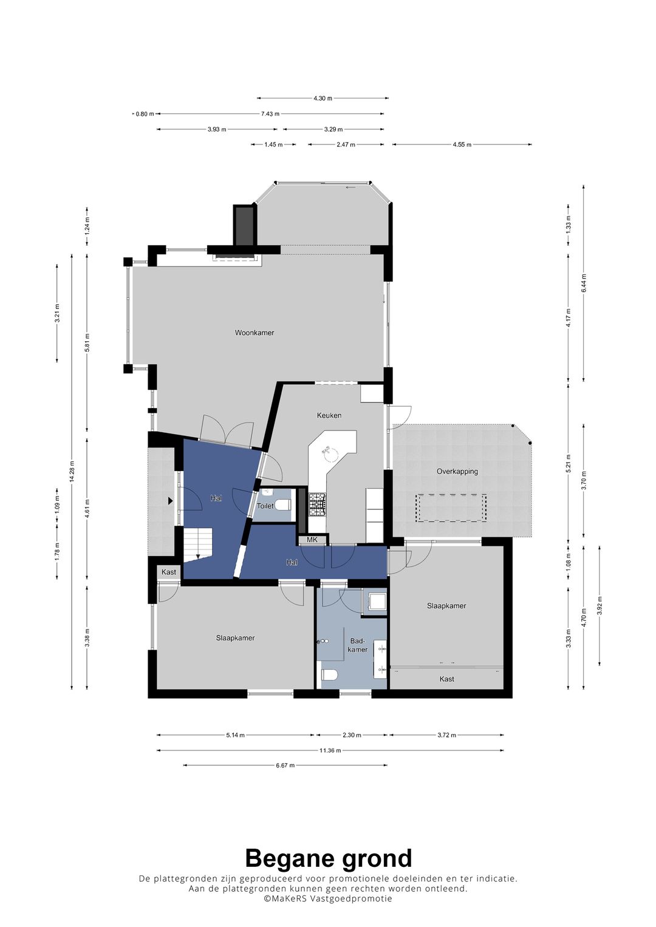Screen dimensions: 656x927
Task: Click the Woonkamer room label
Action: tap(255, 333)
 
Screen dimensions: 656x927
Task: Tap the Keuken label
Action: tap(329, 415)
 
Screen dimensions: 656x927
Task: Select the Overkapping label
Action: tap(457, 471)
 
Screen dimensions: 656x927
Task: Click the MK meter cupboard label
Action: tap(312, 540)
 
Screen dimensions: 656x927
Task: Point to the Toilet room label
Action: tap(265, 506)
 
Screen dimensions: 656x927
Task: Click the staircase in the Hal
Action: tap(198, 545)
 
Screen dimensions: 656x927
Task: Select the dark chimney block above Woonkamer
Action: tap(244, 226)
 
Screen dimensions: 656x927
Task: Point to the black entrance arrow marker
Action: tap(170, 501)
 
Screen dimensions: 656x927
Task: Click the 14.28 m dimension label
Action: tap(72, 472)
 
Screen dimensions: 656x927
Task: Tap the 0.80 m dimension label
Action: tap(145, 114)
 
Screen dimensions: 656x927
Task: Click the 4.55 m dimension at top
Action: tap(462, 144)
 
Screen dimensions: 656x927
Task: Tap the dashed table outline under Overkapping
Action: tap(452, 508)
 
